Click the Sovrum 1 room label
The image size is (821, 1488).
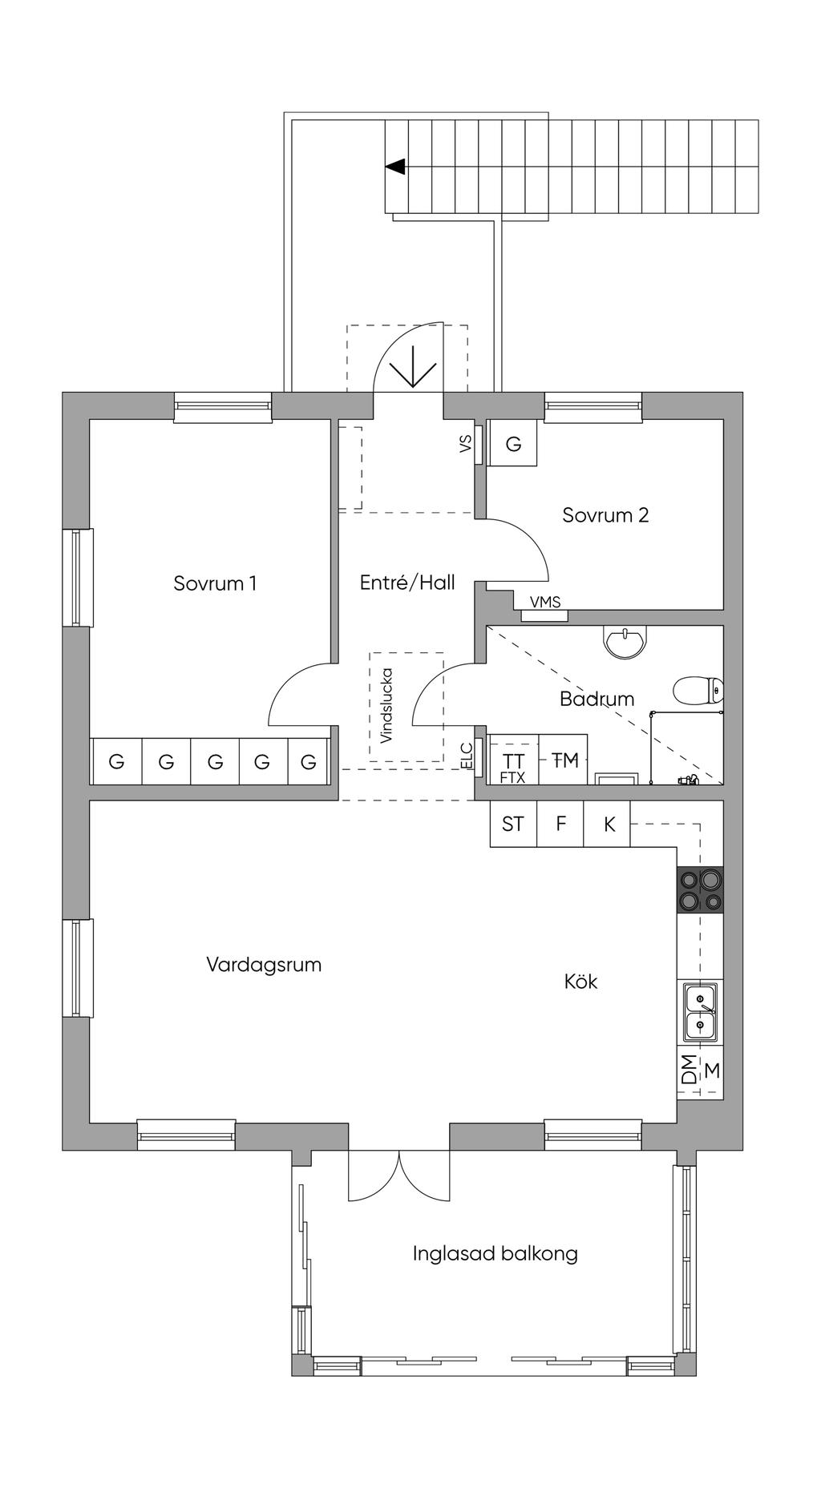(x=215, y=583)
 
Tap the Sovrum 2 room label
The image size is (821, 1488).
(x=605, y=515)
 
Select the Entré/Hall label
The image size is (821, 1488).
(x=407, y=583)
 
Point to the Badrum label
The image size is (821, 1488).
(x=597, y=699)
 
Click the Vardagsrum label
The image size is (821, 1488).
(x=264, y=964)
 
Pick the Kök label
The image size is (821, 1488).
(x=580, y=982)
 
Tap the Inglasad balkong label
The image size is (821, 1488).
(x=495, y=1253)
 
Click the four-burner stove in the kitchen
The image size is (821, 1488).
(x=700, y=889)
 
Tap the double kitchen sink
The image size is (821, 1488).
(x=700, y=1011)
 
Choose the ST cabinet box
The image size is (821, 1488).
(x=513, y=824)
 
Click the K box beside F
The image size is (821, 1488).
(x=609, y=824)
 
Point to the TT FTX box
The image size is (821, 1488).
(x=512, y=765)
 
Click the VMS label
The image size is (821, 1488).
(x=545, y=603)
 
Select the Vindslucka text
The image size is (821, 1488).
(x=386, y=705)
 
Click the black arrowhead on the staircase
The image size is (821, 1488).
(x=395, y=167)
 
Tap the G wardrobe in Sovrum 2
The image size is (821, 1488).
(x=513, y=444)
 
